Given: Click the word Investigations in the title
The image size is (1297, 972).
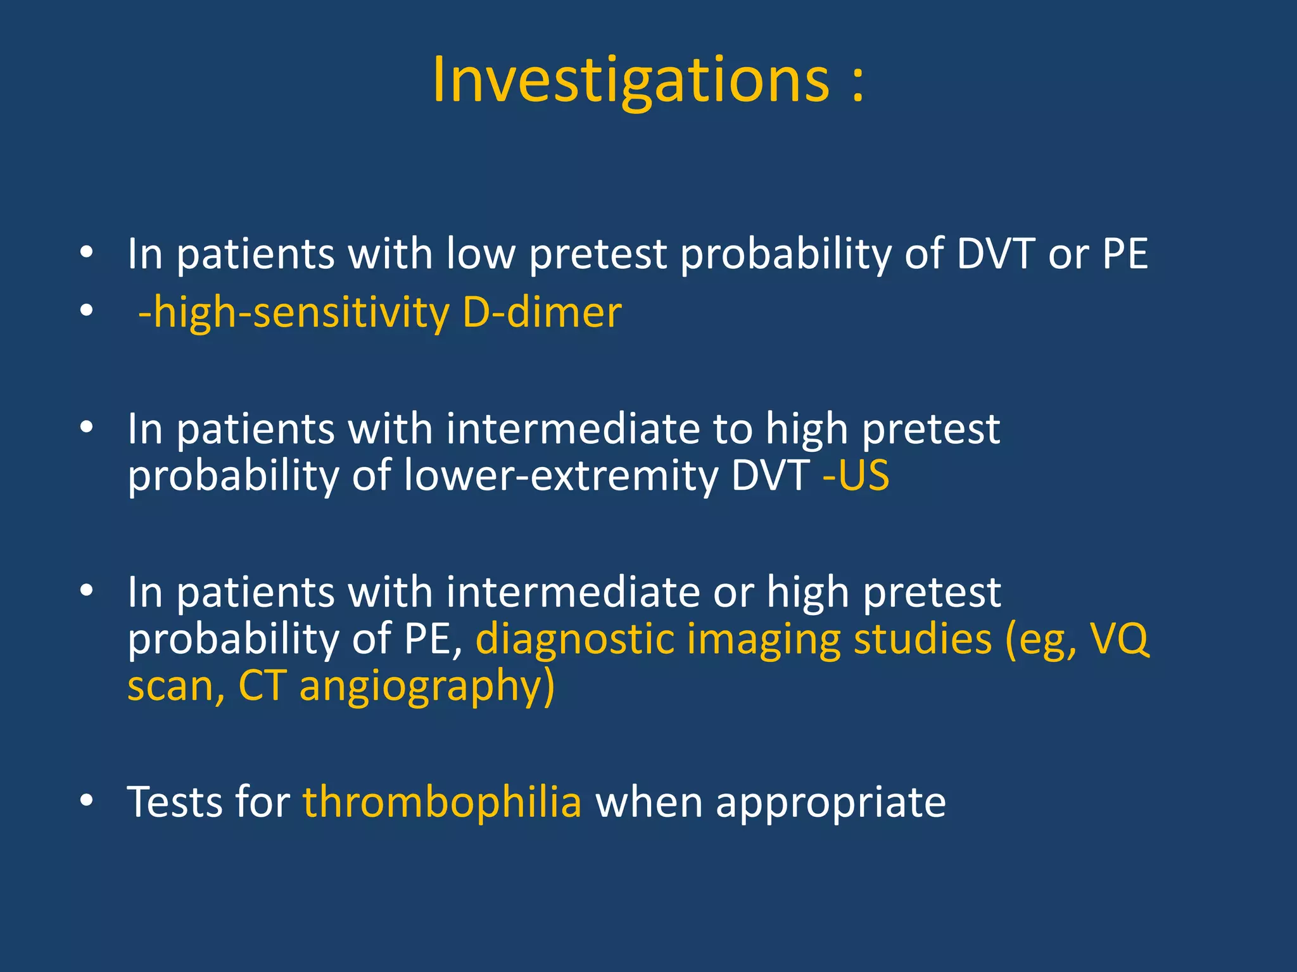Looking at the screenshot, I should pyautogui.click(x=630, y=80).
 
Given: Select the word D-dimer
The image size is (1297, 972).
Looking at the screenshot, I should pyautogui.click(x=542, y=313).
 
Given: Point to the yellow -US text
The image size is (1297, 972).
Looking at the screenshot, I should pyautogui.click(x=856, y=475).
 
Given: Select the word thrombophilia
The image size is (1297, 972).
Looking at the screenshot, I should pyautogui.click(x=442, y=802).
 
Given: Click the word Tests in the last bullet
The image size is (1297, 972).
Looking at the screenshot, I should pyautogui.click(x=175, y=802).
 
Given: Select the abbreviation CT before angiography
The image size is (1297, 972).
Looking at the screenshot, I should pyautogui.click(x=260, y=686).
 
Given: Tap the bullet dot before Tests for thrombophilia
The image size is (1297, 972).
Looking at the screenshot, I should pyautogui.click(x=87, y=801).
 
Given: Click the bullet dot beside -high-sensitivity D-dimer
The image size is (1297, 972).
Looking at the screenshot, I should pyautogui.click(x=87, y=311).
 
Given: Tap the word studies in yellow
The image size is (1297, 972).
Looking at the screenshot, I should pyautogui.click(x=922, y=639).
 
